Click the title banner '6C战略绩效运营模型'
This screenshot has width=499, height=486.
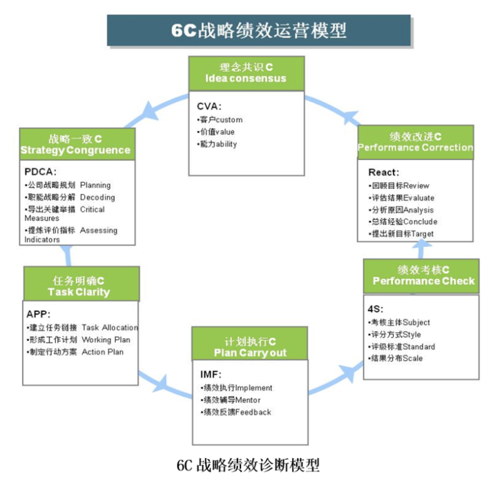coord(259,30)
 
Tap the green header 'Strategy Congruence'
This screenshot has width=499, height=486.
coord(75,145)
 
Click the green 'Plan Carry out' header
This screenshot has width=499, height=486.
coord(250,347)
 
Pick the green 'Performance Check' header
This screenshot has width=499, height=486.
coord(423,275)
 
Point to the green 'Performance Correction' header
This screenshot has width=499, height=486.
coord(415,142)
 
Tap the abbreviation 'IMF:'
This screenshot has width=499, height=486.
coord(211,373)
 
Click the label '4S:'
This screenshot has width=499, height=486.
coord(374,309)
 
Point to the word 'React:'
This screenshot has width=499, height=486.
coord(384,172)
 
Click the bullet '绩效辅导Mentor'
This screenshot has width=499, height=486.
coord(231,400)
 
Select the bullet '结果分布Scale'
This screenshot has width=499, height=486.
coord(395,358)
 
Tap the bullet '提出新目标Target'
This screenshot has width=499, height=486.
coord(402,233)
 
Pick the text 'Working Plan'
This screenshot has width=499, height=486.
coord(105,339)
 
